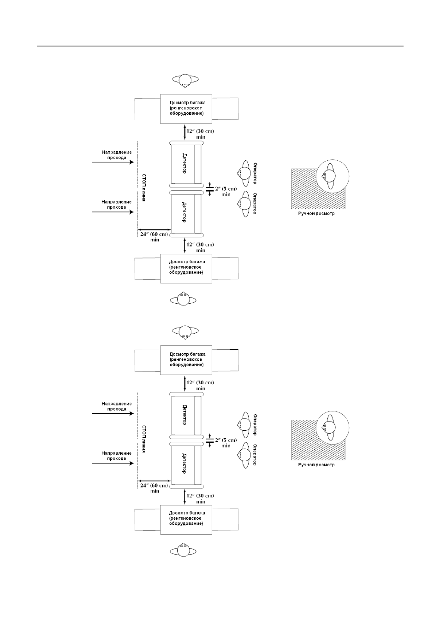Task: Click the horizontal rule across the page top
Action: (220, 46)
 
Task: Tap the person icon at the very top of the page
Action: (185, 81)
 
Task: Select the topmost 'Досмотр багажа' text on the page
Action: (187, 103)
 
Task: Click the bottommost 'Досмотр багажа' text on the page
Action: (187, 513)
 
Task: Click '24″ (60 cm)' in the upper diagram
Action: (154, 234)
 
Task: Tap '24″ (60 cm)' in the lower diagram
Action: (154, 485)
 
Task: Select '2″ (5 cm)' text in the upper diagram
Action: (226, 189)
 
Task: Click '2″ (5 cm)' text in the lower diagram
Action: (226, 440)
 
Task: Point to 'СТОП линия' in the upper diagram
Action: (144, 188)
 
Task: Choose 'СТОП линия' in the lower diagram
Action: (144, 439)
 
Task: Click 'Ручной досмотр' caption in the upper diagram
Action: (316, 213)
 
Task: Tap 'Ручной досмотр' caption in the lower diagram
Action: (316, 465)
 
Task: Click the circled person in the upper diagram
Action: (333, 176)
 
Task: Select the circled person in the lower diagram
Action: (333, 428)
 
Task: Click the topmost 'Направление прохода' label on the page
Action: (117, 155)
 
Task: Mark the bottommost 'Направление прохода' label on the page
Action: (117, 456)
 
